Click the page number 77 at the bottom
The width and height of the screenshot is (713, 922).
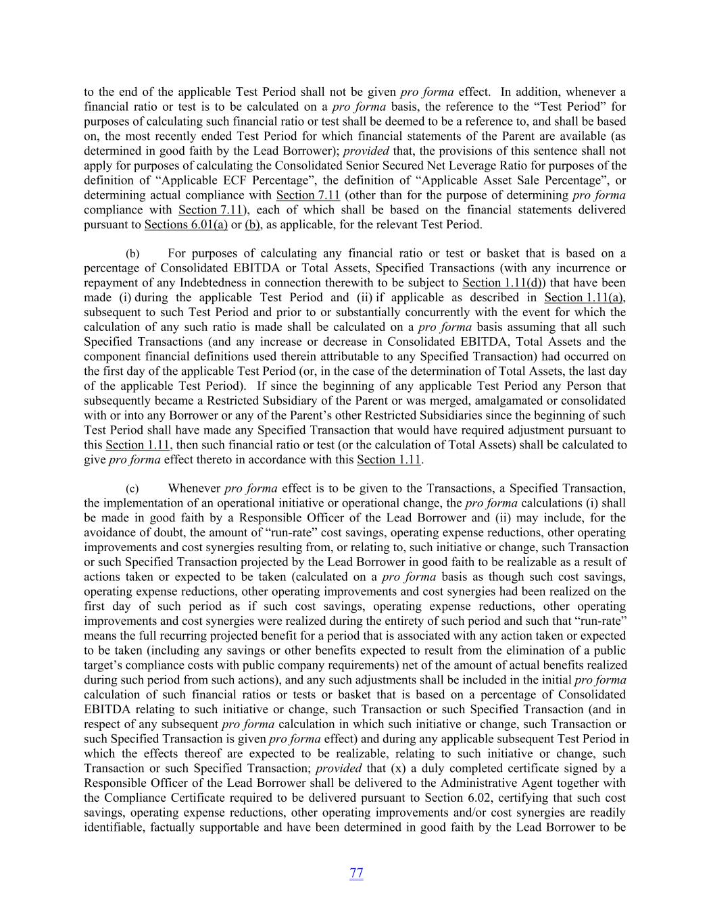pos(356,873)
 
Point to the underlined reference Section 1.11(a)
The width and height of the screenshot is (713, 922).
pos(584,298)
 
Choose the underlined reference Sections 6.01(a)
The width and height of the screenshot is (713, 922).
pos(186,224)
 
